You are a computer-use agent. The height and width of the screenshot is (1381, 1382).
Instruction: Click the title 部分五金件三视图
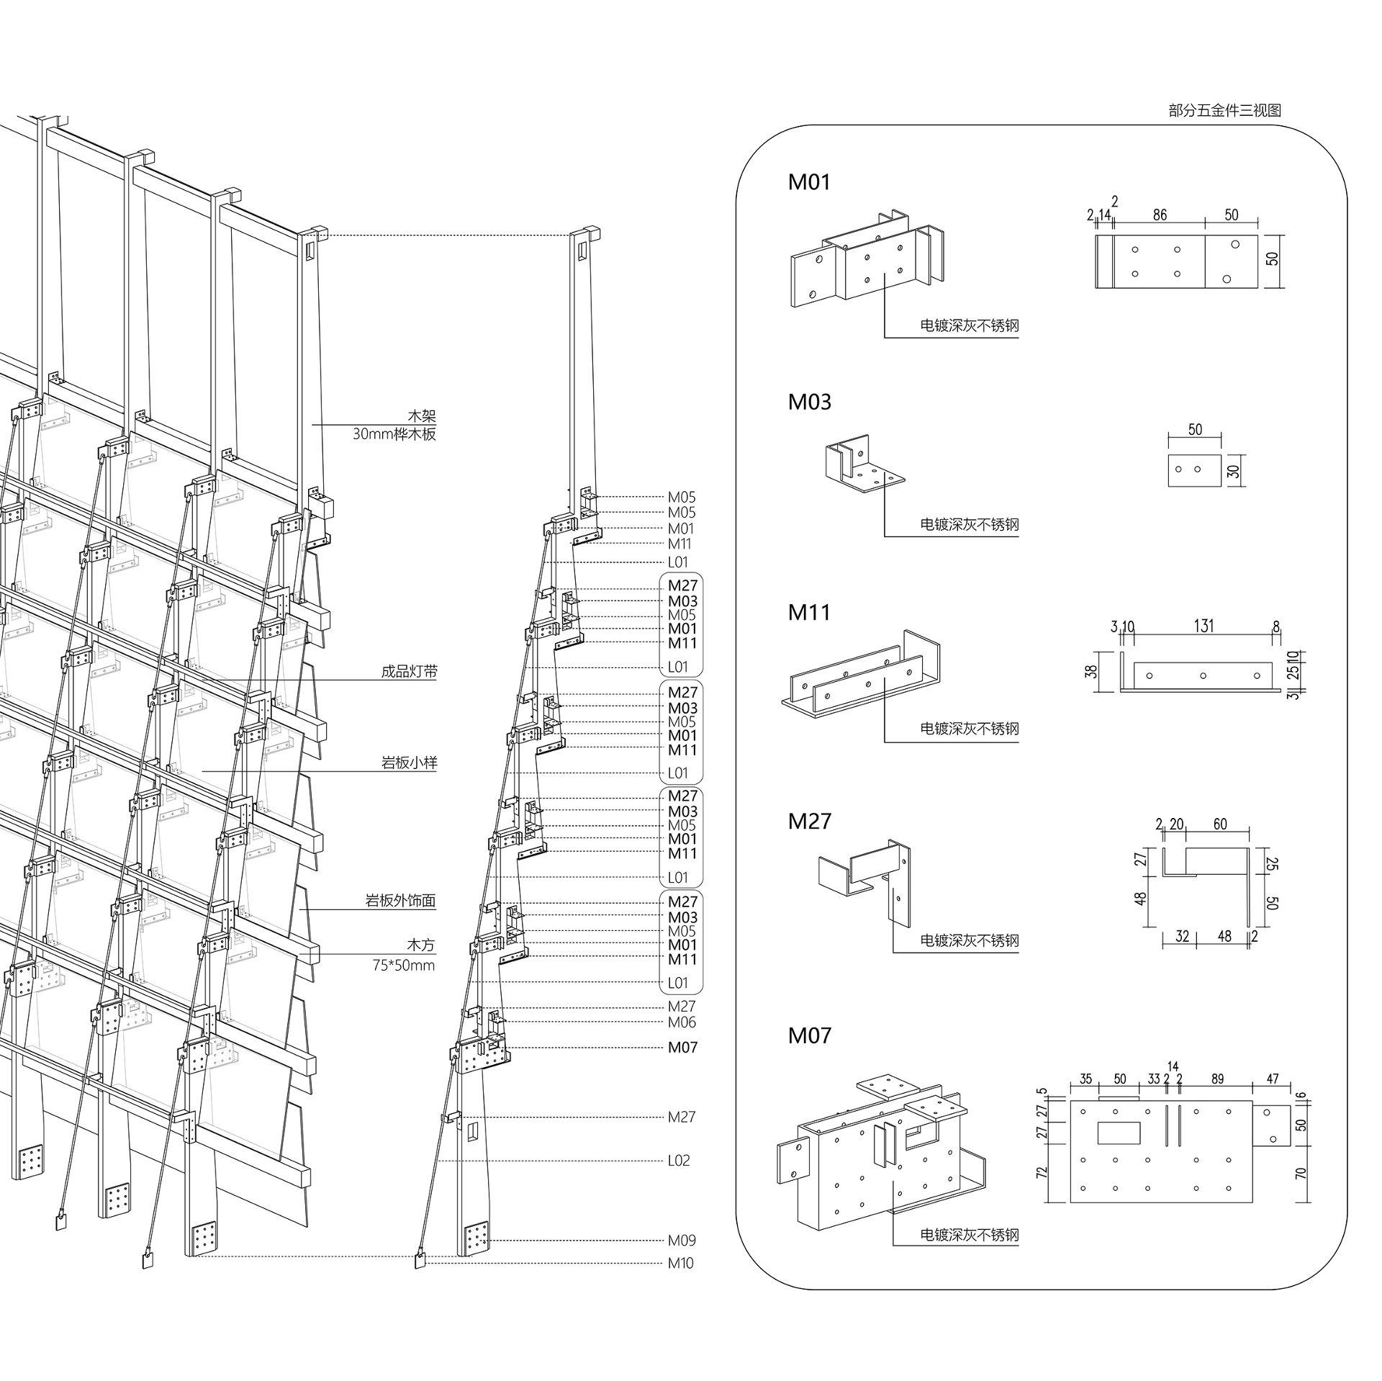click(x=1224, y=110)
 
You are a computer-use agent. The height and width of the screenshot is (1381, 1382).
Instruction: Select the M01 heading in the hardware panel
click(x=809, y=182)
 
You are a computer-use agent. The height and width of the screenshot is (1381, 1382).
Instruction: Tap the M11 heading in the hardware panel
click(x=809, y=613)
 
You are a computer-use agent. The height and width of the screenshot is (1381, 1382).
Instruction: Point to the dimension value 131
click(x=1203, y=626)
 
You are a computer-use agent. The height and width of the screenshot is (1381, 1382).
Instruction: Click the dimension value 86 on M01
click(x=1160, y=215)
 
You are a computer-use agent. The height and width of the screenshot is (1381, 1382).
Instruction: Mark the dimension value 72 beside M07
click(x=1041, y=1173)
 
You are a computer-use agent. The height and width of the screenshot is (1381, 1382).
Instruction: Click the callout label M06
click(x=682, y=1022)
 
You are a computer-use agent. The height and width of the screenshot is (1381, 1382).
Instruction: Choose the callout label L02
click(x=679, y=1160)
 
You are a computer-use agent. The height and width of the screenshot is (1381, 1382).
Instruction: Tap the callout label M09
click(x=682, y=1240)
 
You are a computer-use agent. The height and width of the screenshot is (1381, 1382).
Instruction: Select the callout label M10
click(x=681, y=1263)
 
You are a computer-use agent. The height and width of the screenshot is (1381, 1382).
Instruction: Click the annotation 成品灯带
click(x=409, y=672)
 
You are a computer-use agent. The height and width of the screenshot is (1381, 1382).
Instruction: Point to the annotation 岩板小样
click(x=409, y=763)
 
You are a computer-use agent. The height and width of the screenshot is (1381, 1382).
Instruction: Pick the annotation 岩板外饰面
click(x=400, y=900)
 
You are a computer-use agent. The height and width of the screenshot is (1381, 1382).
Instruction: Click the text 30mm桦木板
click(x=394, y=434)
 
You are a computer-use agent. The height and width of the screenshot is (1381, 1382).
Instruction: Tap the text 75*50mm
click(x=404, y=965)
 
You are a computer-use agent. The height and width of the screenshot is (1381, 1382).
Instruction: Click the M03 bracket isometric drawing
click(x=864, y=464)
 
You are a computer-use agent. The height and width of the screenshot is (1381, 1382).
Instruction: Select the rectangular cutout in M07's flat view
click(x=1119, y=1133)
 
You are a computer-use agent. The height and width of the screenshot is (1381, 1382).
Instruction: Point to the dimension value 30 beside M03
click(x=1234, y=471)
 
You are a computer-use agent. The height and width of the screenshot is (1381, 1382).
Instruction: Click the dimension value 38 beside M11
click(x=1092, y=671)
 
